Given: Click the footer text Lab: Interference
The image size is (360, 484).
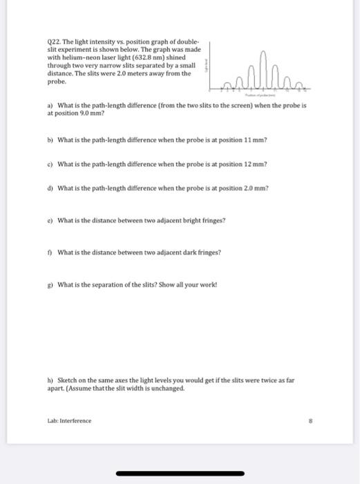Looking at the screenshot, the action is point(68,420).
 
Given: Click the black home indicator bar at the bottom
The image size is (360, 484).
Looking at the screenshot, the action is point(180,473).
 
